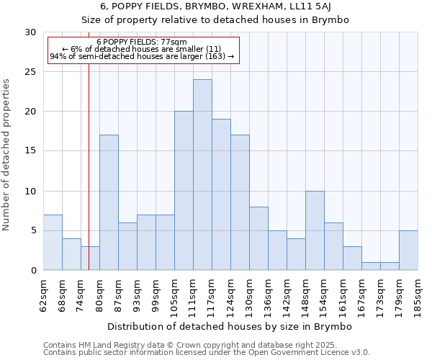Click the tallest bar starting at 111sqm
202,175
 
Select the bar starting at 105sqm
184,191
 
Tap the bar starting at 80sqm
109,202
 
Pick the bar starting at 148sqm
315,230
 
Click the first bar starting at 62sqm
53,243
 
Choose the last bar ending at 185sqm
408,251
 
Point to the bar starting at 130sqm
258,238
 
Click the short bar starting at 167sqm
371,266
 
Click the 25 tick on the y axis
30,72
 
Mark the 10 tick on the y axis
30,192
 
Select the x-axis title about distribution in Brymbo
230,327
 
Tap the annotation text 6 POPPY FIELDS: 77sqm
141,42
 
